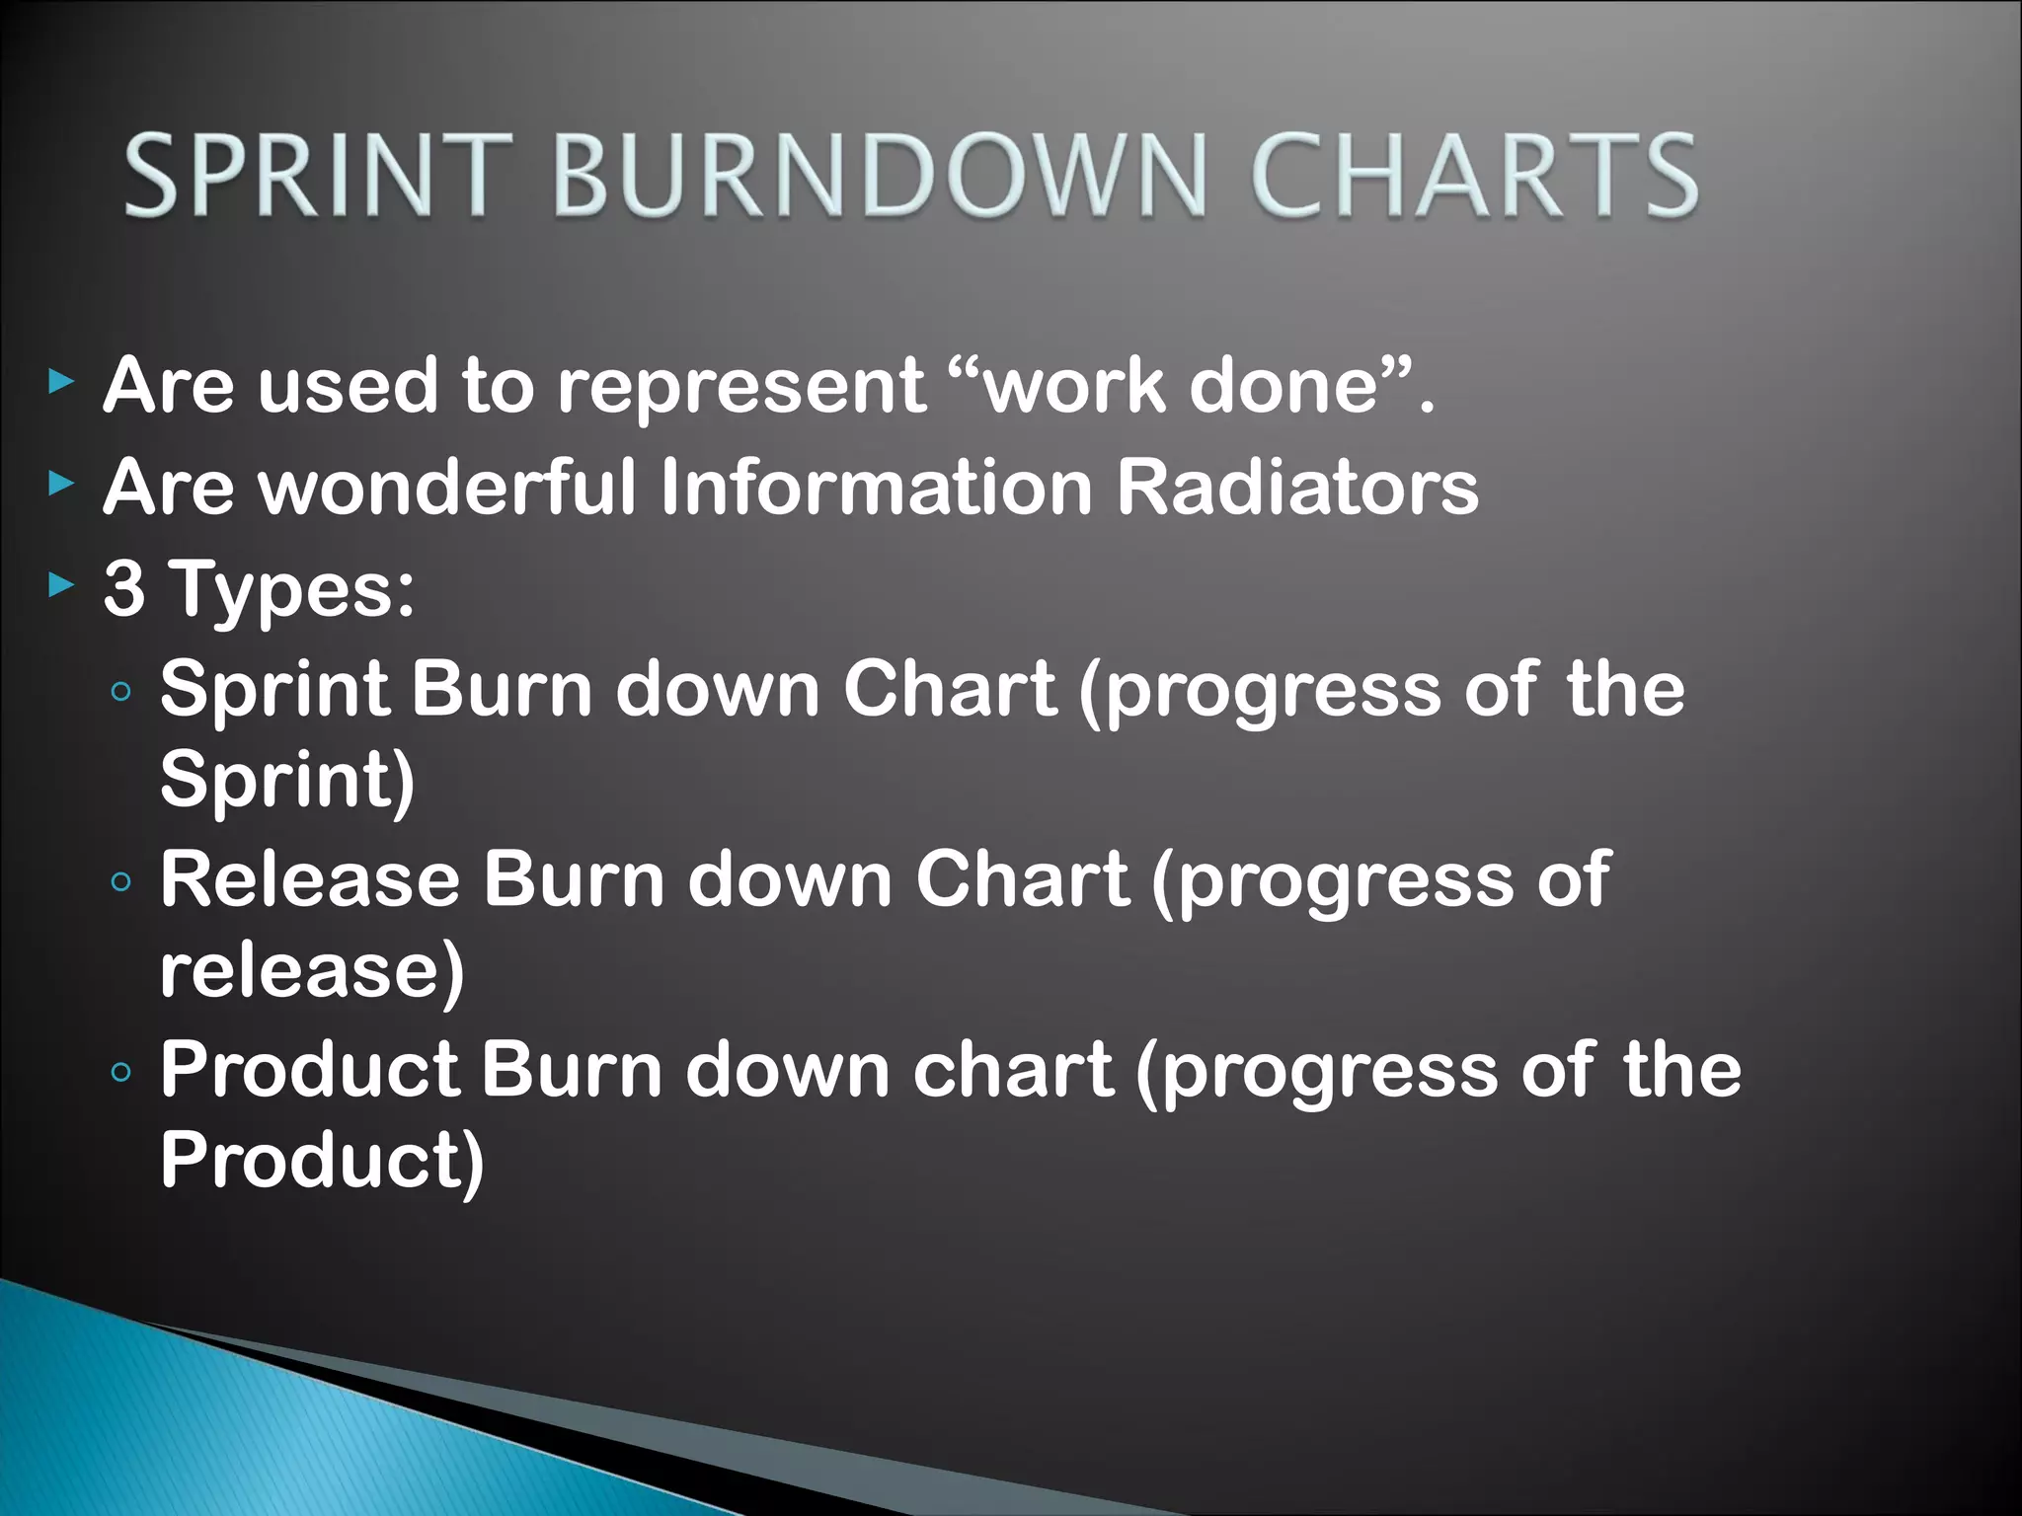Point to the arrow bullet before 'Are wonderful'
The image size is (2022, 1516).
(61, 484)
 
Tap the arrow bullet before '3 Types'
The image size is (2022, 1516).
(61, 586)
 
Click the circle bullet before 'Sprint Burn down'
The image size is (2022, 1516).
(121, 692)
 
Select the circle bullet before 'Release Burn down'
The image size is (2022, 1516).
(121, 881)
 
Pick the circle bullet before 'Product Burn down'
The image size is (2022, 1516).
(121, 1072)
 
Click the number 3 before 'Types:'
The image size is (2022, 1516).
(124, 589)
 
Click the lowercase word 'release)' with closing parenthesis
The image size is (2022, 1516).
(312, 971)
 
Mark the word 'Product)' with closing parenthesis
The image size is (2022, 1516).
(322, 1161)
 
